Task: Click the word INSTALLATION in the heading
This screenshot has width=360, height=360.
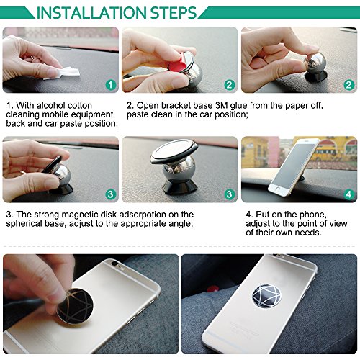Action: coord(91,13)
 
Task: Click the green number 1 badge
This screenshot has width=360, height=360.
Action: coord(110,85)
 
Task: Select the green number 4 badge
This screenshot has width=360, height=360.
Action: coord(348,194)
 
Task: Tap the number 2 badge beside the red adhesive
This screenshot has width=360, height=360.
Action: coord(230,85)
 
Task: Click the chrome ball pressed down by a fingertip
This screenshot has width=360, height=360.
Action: coord(315,63)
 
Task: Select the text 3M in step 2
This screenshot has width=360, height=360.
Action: coord(221,105)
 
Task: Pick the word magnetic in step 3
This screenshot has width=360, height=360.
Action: coord(81,215)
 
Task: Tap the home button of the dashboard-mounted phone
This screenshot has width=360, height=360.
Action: coord(277,189)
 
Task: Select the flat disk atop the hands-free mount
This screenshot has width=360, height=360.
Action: coord(174,151)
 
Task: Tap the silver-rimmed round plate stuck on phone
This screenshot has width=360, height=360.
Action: coord(266,296)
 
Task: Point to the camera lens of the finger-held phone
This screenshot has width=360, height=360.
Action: coord(115,264)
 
